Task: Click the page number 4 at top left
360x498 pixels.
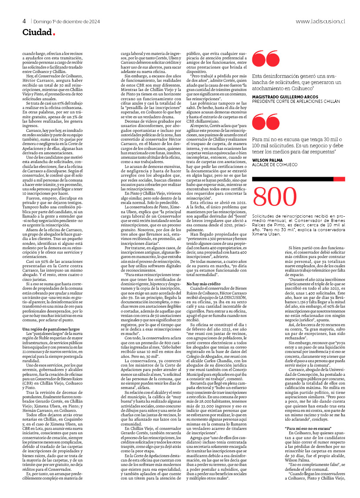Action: coord(25,21)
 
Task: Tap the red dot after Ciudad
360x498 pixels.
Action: coord(54,34)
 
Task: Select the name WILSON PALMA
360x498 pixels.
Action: coord(266,160)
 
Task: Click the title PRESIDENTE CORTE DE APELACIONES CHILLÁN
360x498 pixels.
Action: coord(296,101)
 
